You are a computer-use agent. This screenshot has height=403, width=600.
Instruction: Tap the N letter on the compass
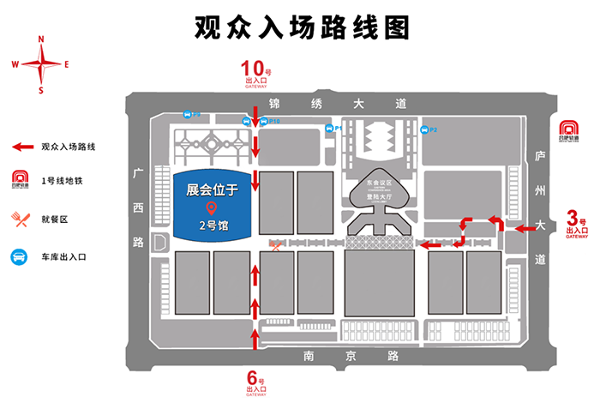(x=40, y=39)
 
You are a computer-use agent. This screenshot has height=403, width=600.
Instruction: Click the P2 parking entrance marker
(x=426, y=129)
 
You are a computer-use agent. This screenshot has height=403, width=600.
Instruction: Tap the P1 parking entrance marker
(x=330, y=129)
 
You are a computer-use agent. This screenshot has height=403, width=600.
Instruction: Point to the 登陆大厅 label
(x=379, y=195)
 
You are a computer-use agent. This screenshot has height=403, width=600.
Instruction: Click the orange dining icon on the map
(x=275, y=247)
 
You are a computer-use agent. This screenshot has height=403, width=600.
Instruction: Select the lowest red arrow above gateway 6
(x=255, y=337)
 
